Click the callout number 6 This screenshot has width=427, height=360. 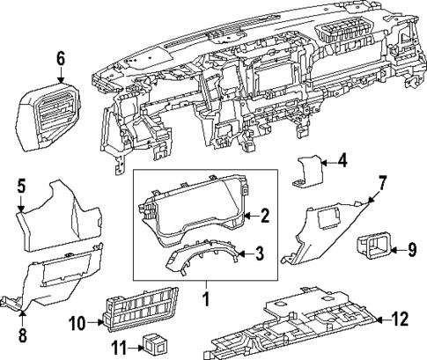(61, 59)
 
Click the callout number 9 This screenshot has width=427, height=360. (410, 250)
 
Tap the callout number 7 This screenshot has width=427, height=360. (382, 182)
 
